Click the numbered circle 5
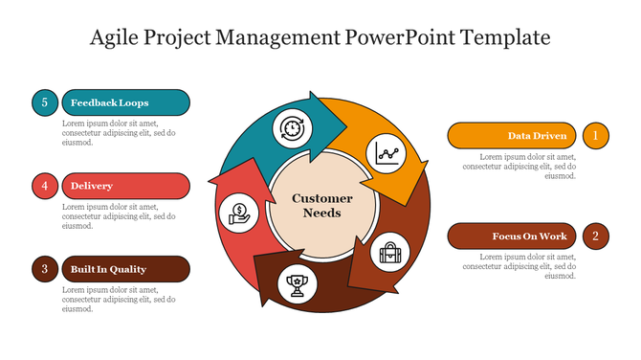[x=45, y=102]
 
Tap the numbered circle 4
[x=45, y=186]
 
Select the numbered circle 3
[x=45, y=269]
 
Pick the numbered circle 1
[x=595, y=136]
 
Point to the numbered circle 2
[x=595, y=236]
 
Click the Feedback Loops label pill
[x=124, y=102]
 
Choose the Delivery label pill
[x=124, y=186]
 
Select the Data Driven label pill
[x=514, y=136]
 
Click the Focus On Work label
[x=514, y=236]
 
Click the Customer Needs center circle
[x=321, y=206]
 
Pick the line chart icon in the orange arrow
[x=388, y=154]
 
